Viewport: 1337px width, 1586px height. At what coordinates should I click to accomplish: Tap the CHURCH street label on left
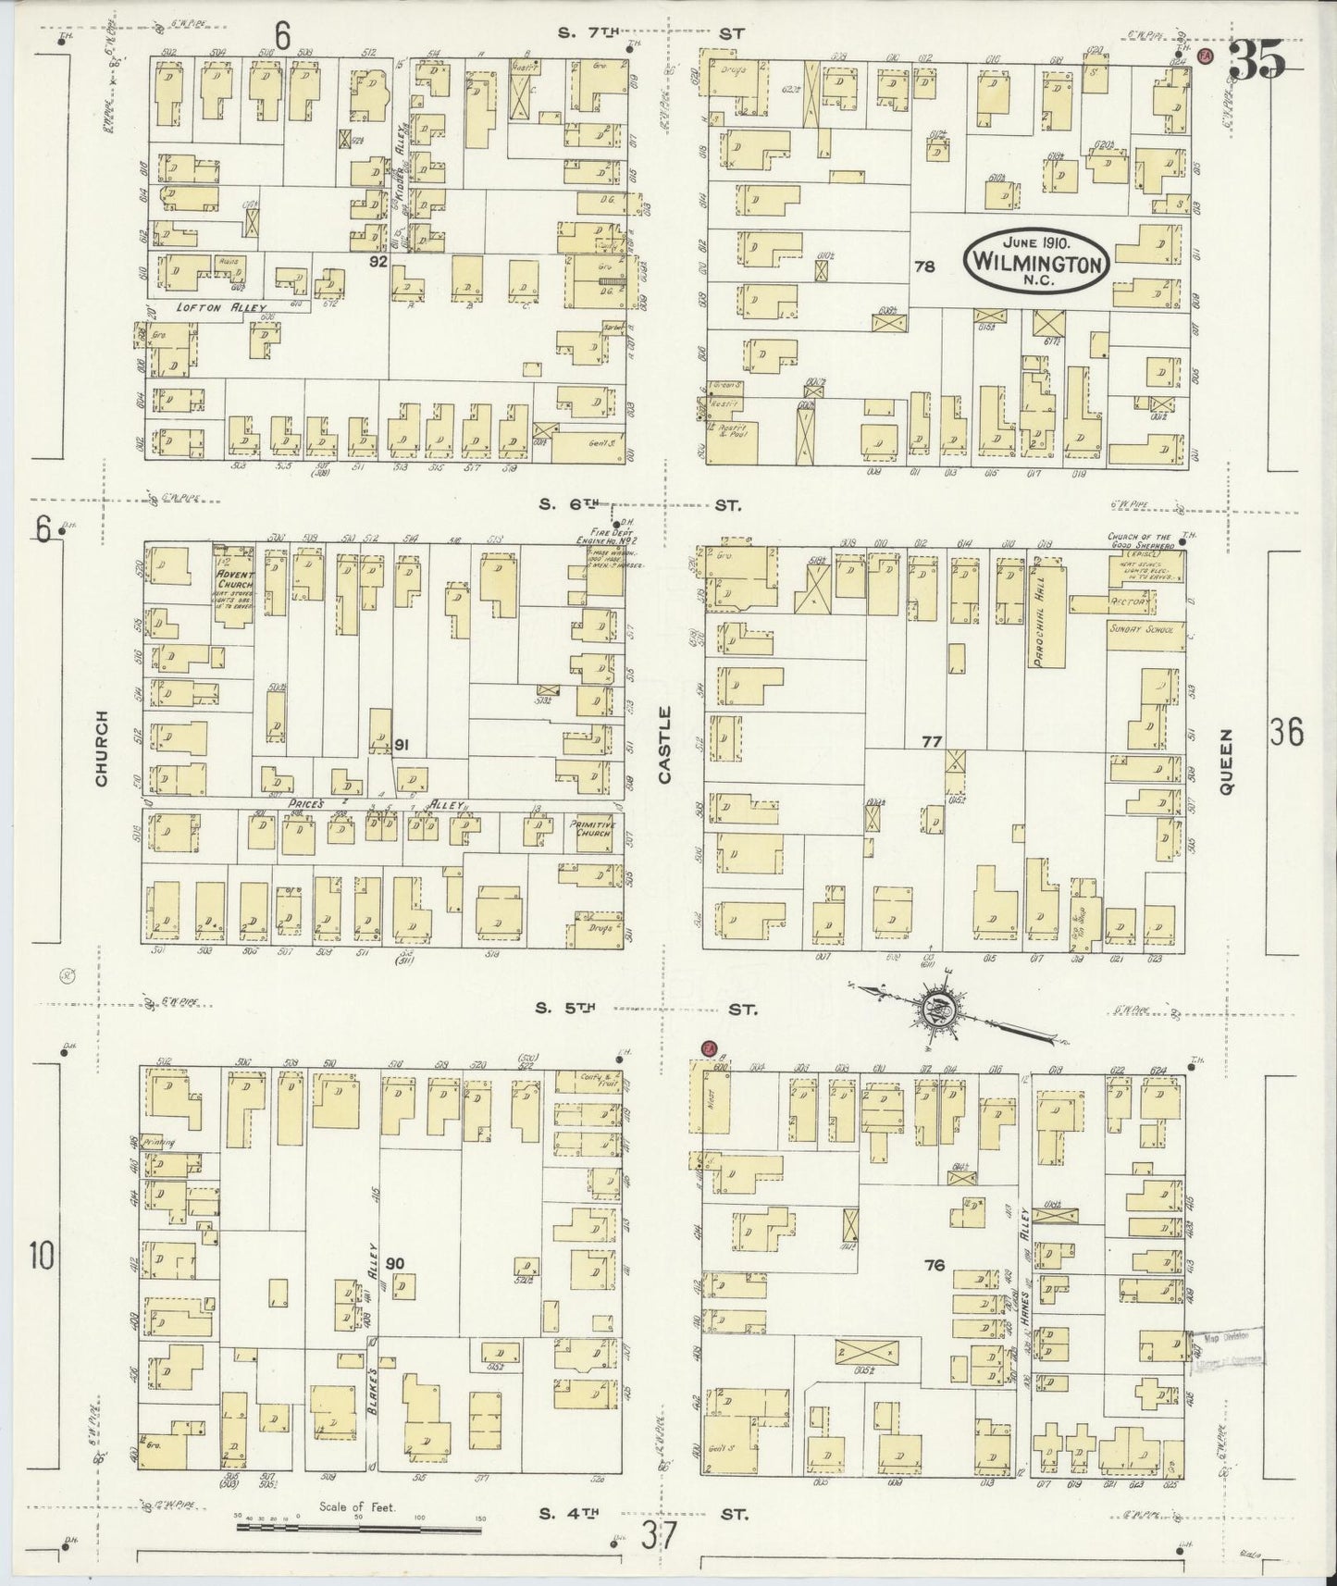(x=101, y=748)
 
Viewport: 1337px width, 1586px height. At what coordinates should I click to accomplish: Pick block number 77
(x=931, y=741)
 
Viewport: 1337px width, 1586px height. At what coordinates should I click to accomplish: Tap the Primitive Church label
(x=590, y=826)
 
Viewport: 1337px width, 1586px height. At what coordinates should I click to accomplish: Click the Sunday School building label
(x=1142, y=629)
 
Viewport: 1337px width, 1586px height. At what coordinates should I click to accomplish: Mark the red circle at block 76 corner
(x=710, y=1049)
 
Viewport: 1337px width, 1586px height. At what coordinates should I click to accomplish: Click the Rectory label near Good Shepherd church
(x=1131, y=603)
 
